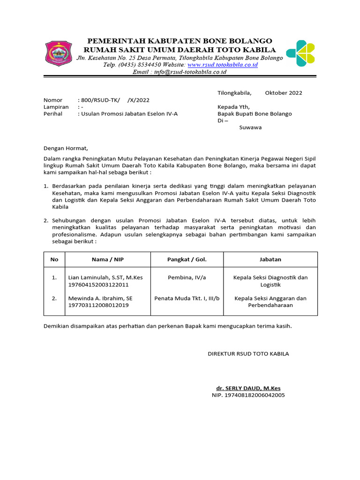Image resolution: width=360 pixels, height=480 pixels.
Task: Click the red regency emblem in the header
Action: (x=59, y=54)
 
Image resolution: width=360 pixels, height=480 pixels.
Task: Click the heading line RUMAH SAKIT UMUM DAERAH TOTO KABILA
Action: (x=180, y=50)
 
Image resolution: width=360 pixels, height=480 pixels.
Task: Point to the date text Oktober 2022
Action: (x=284, y=93)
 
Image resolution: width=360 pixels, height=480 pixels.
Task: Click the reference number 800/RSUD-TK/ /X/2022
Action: (x=115, y=100)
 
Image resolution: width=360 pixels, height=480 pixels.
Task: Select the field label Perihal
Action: (x=53, y=114)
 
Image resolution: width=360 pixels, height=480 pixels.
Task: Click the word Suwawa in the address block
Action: (x=250, y=127)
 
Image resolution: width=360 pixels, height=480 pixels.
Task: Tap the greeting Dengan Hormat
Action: (x=66, y=148)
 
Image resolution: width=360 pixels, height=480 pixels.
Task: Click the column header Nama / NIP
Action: (x=107, y=259)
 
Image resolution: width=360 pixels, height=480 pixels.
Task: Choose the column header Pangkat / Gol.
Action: (x=187, y=259)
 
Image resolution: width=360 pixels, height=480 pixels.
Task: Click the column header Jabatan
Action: (x=270, y=259)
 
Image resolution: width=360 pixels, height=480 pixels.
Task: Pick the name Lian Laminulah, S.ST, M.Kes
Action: (x=105, y=277)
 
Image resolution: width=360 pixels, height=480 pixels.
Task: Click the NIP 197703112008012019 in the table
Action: (x=98, y=305)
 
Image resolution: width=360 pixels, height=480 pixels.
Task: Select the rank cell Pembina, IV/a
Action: (x=187, y=277)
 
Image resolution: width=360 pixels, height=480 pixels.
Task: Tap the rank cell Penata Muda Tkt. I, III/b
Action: (x=187, y=298)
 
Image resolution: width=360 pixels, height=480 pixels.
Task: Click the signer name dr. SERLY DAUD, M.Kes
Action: (x=248, y=388)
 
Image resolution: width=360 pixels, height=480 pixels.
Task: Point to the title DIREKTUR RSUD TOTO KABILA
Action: (x=248, y=353)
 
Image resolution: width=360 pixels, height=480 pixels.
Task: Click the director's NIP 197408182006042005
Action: (x=248, y=395)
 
